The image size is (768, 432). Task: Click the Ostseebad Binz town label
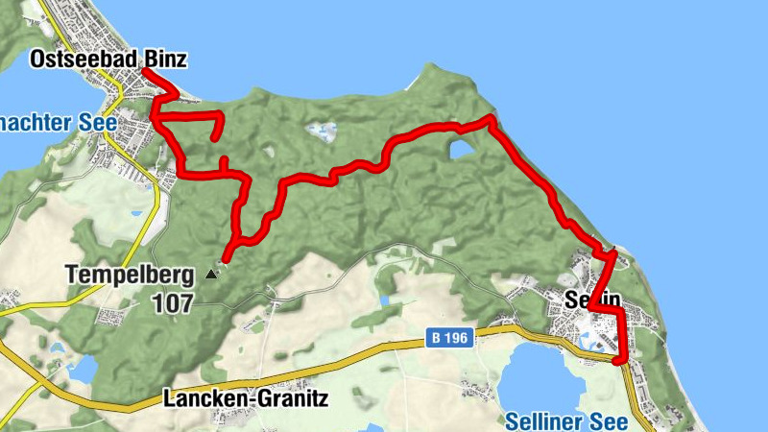click(x=108, y=60)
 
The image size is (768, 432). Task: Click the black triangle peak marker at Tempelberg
click(x=211, y=275)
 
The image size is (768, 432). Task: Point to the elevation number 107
click(x=172, y=303)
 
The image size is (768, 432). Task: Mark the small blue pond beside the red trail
click(x=461, y=149)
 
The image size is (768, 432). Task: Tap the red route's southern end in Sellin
click(x=617, y=360)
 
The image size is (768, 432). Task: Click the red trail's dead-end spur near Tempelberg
click(x=226, y=256)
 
